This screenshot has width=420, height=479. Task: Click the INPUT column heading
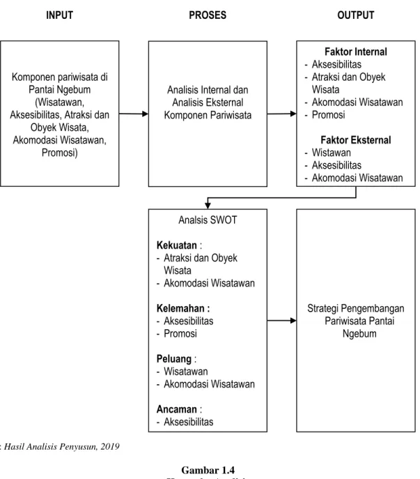click(59, 15)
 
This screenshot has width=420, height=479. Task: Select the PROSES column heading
click(208, 15)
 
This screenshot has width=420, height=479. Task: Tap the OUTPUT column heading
click(356, 15)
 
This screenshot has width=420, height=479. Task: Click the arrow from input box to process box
click(134, 114)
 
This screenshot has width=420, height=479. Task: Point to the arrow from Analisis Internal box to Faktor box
click(281, 114)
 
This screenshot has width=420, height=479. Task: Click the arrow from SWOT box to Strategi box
click(281, 321)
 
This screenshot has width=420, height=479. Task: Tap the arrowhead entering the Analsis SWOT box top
click(208, 206)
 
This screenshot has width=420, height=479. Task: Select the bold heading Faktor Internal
click(356, 52)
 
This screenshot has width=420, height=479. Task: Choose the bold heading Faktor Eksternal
click(356, 140)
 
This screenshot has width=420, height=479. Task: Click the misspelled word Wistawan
click(331, 153)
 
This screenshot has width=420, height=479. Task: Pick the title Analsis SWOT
click(208, 220)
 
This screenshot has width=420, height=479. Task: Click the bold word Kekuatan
click(177, 245)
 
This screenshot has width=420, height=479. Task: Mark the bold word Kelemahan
click(180, 308)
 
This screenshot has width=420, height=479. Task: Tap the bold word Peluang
click(174, 359)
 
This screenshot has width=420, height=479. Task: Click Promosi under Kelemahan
click(180, 333)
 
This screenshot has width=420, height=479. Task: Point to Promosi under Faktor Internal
click(328, 114)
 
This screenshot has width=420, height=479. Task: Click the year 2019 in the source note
click(110, 446)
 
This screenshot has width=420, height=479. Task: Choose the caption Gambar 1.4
click(208, 470)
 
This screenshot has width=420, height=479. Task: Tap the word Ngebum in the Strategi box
click(359, 333)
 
